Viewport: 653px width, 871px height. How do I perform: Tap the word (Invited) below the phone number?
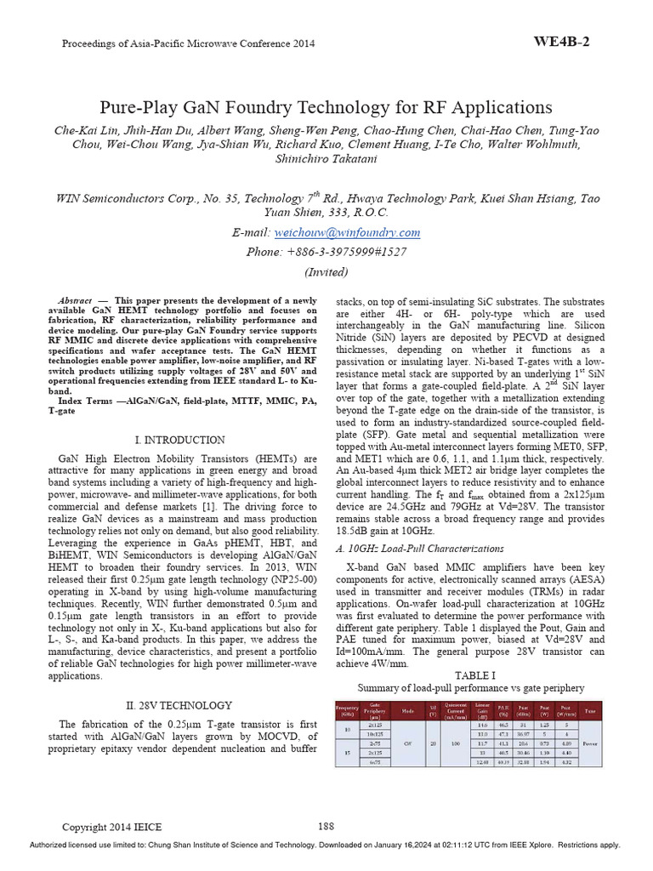(326, 272)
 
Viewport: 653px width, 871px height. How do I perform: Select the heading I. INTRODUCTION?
(180, 440)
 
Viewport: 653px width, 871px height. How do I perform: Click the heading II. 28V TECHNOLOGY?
(179, 705)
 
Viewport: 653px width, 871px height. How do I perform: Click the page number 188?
(326, 825)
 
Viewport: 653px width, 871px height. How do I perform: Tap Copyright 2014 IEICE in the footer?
(112, 826)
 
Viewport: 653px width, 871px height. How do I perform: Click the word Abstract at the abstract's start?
(76, 301)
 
